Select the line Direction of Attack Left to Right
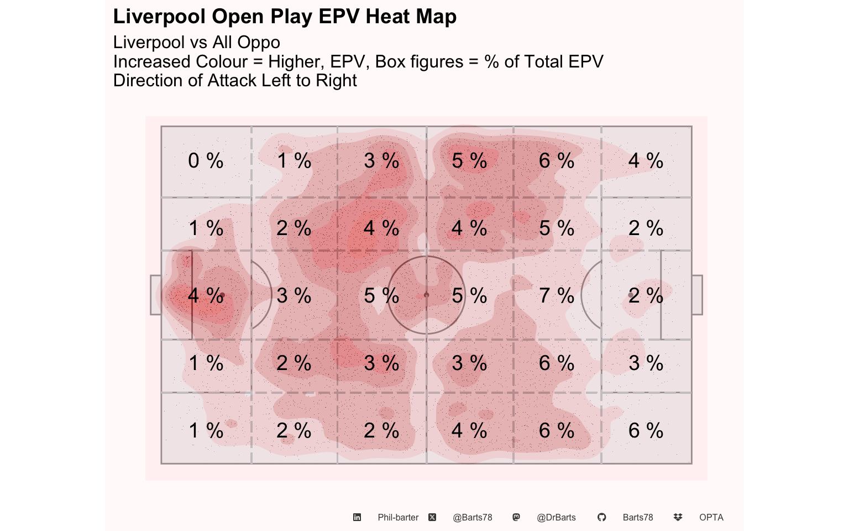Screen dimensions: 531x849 point(235,81)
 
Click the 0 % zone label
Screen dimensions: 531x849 point(206,161)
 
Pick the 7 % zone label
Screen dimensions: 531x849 point(557,296)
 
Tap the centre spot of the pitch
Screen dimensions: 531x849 point(426,295)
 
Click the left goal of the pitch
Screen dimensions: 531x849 point(156,295)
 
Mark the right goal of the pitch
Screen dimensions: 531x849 point(697,295)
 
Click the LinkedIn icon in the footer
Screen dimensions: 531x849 point(357,517)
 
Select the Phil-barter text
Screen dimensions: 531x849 point(398,517)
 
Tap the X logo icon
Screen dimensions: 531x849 point(432,517)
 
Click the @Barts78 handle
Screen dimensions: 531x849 point(473,517)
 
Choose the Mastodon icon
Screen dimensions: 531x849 point(516,517)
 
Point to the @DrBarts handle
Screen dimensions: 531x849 point(556,517)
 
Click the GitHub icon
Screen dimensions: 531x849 point(601,517)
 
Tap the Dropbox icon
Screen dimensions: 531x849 point(678,517)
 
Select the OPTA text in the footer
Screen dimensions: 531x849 point(711,517)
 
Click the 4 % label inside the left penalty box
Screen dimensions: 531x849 point(206,296)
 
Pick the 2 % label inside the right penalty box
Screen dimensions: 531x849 point(646,296)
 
